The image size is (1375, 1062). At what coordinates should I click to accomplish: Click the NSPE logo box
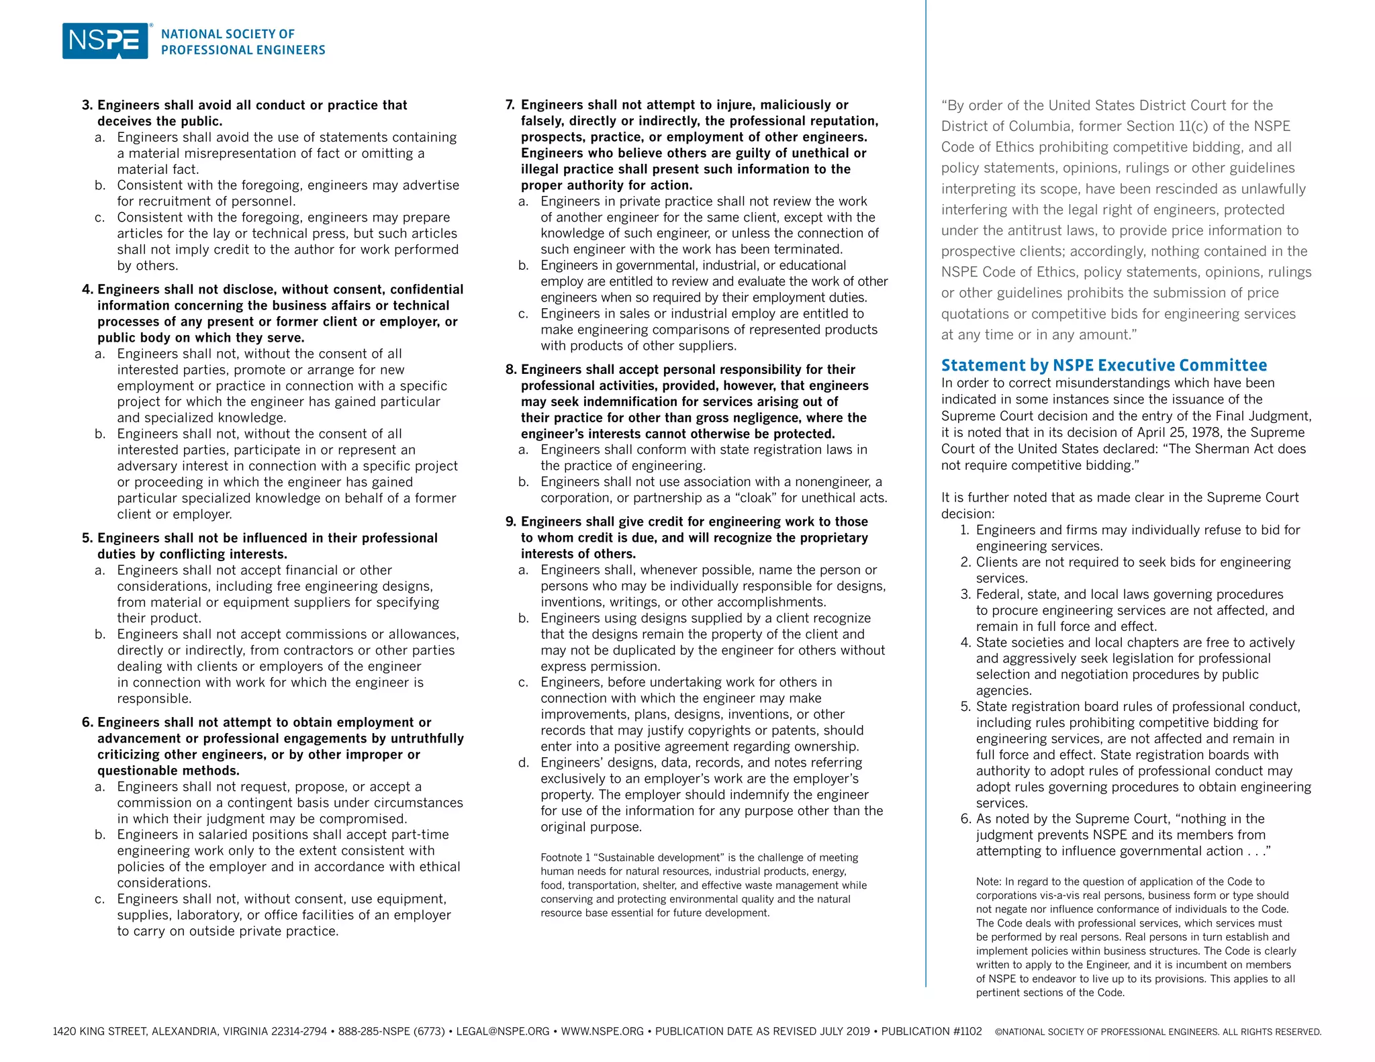tap(105, 41)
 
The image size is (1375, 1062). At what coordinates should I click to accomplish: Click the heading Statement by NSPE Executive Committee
tap(1104, 365)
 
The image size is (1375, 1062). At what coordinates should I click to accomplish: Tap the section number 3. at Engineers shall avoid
tap(87, 105)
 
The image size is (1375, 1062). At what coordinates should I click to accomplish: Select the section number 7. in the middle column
tap(510, 105)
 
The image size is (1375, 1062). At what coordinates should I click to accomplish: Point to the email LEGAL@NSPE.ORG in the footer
tap(502, 1031)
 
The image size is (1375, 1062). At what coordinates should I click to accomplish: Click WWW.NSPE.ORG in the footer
tap(602, 1031)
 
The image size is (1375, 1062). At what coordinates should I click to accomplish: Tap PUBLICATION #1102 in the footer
tap(931, 1031)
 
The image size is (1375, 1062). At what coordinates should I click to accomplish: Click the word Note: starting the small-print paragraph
tap(989, 882)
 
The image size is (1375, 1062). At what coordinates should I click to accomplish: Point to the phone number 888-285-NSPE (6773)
tap(391, 1031)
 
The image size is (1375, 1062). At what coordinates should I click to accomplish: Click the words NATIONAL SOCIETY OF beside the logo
tap(228, 34)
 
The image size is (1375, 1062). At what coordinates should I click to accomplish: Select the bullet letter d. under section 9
tap(524, 763)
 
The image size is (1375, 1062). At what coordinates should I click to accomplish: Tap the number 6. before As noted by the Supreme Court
tap(966, 819)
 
